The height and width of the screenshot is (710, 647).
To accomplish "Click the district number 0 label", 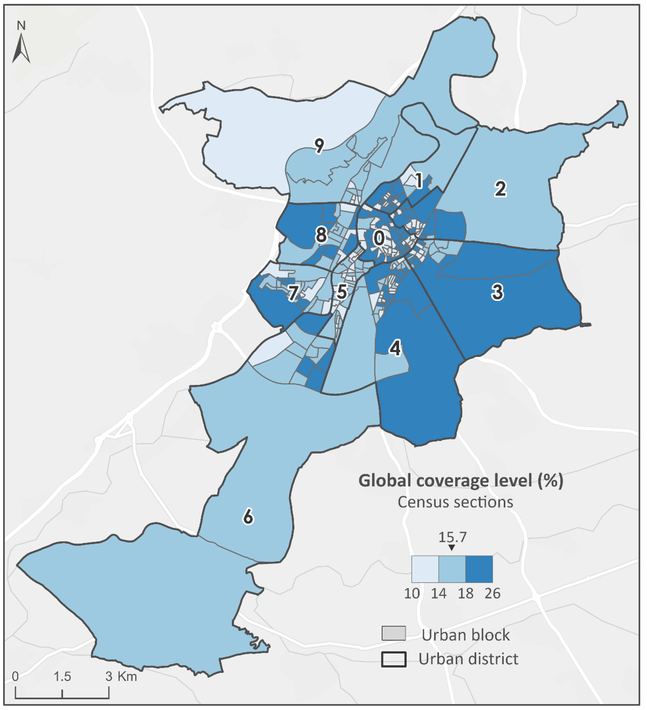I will coord(379,238).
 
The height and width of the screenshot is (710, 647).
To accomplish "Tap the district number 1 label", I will coord(419,181).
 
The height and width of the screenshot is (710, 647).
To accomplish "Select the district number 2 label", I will coord(500,189).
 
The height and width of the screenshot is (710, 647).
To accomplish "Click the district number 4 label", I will coord(395,348).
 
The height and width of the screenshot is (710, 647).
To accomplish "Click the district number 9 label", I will coord(319,146).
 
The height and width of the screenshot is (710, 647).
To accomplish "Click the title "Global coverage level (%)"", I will coord(460,481).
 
